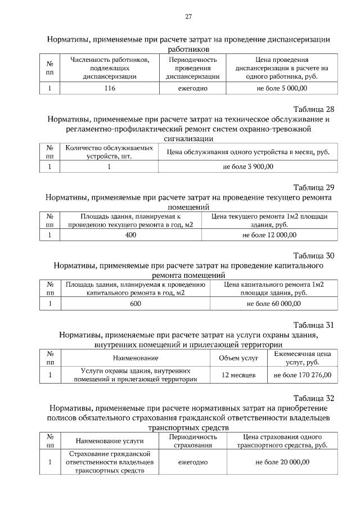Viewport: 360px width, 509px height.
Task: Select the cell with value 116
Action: coord(110,88)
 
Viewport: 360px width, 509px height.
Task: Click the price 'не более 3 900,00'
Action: coord(248,166)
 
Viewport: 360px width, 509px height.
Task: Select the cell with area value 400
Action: coord(130,235)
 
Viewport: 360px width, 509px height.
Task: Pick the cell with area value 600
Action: coord(135,304)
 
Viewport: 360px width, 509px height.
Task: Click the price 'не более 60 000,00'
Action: coord(274,304)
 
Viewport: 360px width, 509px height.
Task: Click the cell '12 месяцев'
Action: coord(238,375)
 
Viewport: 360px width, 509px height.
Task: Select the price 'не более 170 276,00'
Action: coord(302,375)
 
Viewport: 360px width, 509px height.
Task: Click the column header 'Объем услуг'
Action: coord(238,358)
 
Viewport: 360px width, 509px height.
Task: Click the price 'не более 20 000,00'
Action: coord(282,462)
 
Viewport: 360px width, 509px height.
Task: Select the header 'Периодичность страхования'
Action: coord(193,441)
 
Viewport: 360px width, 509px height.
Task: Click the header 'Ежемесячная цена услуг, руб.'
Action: coord(302,358)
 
